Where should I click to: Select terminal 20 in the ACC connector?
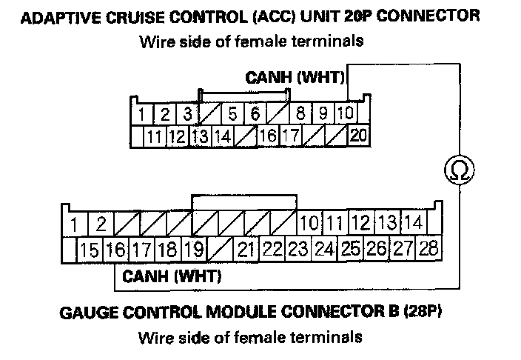(358, 136)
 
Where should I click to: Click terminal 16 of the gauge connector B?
(115, 249)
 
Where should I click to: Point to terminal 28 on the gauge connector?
(428, 248)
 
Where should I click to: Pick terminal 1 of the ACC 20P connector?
(142, 114)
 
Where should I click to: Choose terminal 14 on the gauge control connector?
(413, 222)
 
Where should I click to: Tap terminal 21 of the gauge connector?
(247, 249)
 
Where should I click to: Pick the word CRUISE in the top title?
(127, 16)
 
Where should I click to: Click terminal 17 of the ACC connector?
(291, 136)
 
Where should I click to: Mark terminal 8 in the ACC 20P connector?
(301, 114)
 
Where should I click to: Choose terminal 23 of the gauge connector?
(298, 249)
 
